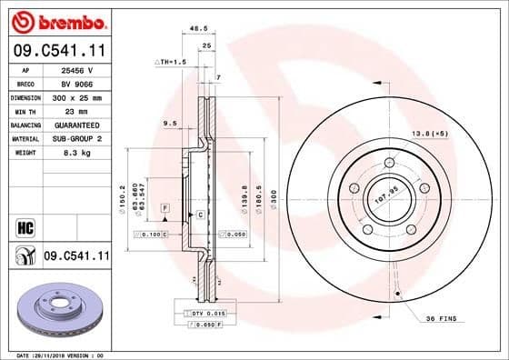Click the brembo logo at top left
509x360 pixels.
pyautogui.click(x=56, y=21)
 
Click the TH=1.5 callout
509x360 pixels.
pyautogui.click(x=170, y=61)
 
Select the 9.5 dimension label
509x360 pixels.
pyautogui.click(x=169, y=123)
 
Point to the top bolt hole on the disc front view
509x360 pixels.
pyautogui.click(x=389, y=163)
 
